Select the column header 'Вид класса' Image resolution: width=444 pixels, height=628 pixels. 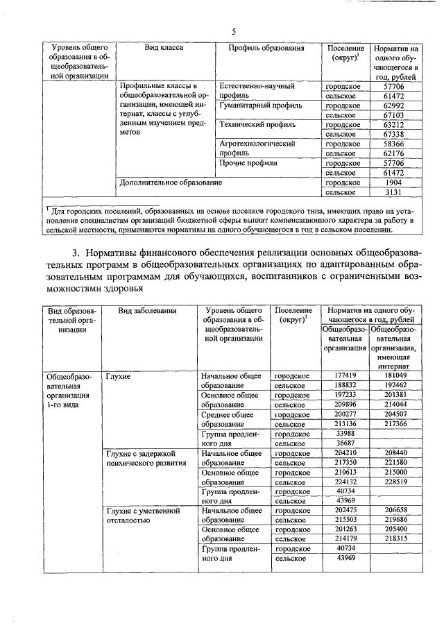coord(164,49)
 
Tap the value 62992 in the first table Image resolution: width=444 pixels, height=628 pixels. coord(394,105)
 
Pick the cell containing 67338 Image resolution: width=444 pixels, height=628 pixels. coord(394,134)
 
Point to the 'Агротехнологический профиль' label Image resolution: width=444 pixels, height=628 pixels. coord(258,148)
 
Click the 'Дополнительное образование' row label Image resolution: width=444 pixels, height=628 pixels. coord(171,183)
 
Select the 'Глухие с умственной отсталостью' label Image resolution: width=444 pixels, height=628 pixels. coord(142,515)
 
